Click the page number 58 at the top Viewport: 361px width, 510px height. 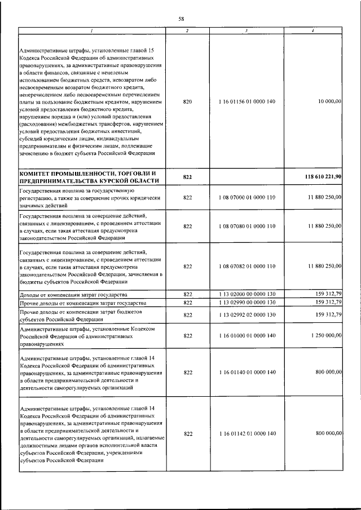point(181,19)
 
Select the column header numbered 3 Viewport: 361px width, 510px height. point(246,30)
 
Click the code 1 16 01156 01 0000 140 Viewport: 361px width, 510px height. point(246,101)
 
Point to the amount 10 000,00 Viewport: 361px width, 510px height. point(326,101)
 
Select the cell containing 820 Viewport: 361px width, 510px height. point(188,101)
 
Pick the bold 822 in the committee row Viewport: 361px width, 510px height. point(188,177)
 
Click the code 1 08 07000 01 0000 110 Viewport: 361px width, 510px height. point(246,198)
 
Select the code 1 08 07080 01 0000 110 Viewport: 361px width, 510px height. point(246,226)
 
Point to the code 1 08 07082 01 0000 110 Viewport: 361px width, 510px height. point(246,266)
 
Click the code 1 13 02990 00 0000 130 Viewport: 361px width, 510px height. point(246,302)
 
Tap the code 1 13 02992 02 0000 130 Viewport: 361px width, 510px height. point(246,315)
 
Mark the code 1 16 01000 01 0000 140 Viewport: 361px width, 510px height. point(246,335)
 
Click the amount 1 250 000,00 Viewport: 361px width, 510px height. point(322,335)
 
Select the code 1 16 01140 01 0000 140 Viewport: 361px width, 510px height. point(246,372)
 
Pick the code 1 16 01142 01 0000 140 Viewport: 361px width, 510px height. point(246,433)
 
